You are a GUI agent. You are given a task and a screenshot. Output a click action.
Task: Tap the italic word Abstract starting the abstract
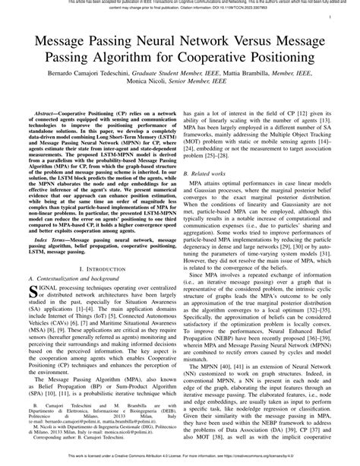pyautogui.click(x=47, y=112)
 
